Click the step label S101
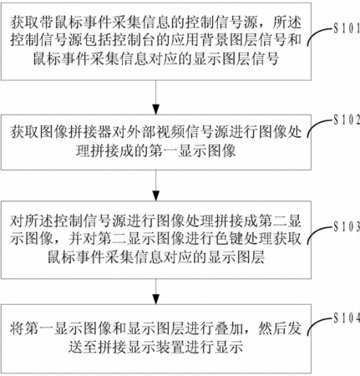pyautogui.click(x=347, y=28)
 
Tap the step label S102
pyautogui.click(x=347, y=120)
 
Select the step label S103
pyautogui.click(x=347, y=227)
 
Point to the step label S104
pyautogui.click(x=347, y=318)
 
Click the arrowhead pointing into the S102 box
pyautogui.click(x=156, y=109)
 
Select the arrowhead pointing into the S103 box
pyautogui.click(x=156, y=196)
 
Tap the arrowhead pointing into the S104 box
pyautogui.click(x=156, y=299)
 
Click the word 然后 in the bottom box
pyautogui.click(x=272, y=329)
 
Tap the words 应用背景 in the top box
pyautogui.click(x=200, y=41)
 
